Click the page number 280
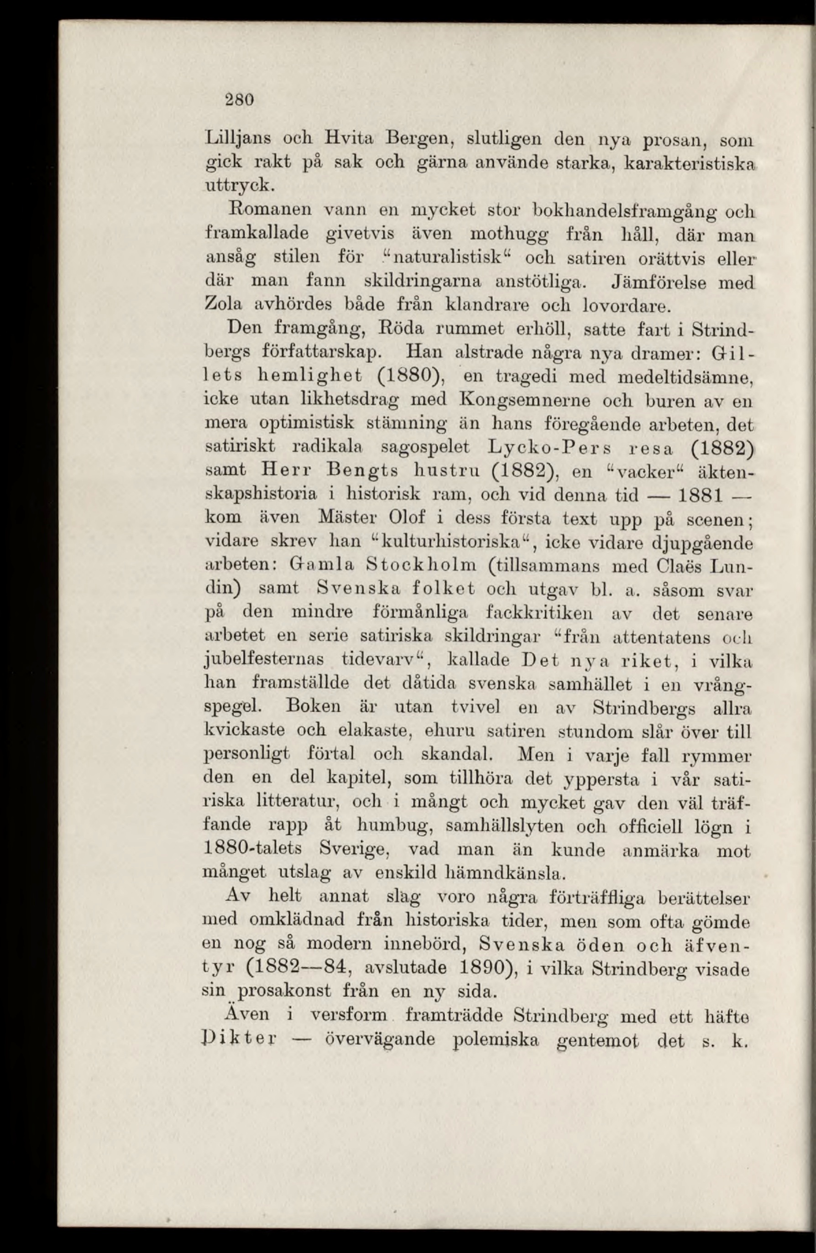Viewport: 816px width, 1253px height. point(240,99)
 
